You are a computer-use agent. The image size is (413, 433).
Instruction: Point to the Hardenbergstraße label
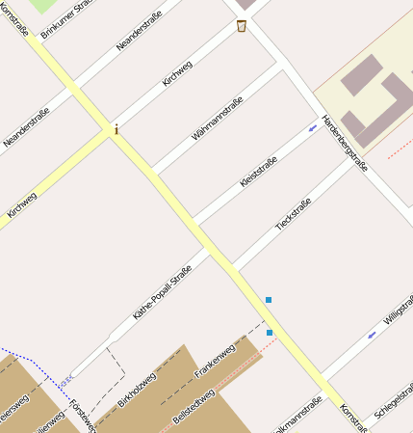tap(345, 143)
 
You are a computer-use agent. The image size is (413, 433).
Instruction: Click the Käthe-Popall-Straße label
tap(162, 292)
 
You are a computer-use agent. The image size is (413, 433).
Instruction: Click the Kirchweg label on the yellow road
tap(21, 204)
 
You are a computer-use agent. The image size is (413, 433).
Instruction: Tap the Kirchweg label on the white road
tap(177, 74)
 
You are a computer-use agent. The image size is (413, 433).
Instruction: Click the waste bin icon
tap(241, 25)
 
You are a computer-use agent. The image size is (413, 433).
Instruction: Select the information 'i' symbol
tap(116, 129)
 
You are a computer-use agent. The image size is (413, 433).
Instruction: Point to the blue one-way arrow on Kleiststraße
tap(312, 127)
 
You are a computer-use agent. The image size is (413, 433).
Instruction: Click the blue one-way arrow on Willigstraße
tap(372, 336)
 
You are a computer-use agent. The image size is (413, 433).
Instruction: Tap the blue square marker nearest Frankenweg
tap(270, 333)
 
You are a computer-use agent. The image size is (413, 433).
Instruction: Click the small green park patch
tap(42, 4)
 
